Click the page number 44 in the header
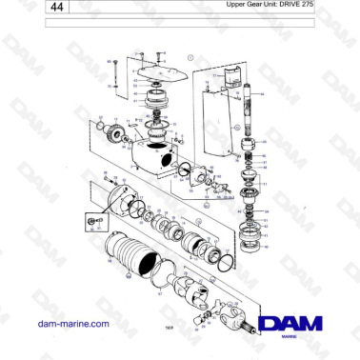(x=58, y=7)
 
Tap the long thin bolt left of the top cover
(x=115, y=71)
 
